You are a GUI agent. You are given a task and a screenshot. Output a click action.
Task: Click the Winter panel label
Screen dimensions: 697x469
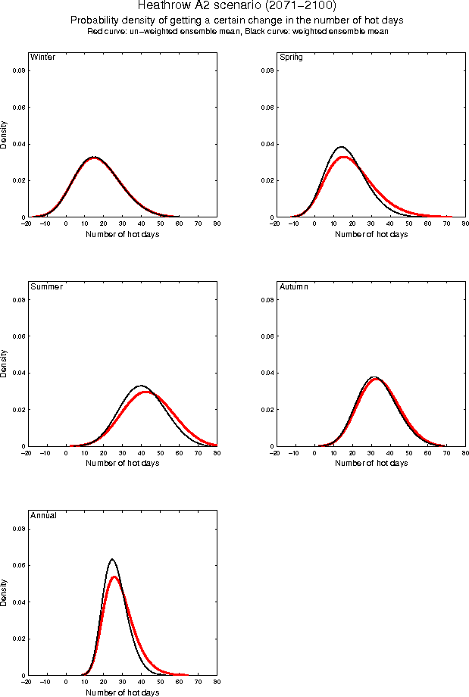tap(42, 57)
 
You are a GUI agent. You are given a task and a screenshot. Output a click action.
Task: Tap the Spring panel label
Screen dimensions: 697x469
tap(292, 57)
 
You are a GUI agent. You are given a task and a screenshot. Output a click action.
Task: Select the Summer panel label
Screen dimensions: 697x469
tap(46, 286)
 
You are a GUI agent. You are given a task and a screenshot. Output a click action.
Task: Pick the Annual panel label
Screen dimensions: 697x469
tap(43, 515)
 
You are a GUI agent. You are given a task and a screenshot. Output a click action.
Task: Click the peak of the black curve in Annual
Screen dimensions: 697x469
tap(112, 559)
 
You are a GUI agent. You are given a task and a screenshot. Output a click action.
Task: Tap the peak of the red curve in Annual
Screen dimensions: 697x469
tap(114, 577)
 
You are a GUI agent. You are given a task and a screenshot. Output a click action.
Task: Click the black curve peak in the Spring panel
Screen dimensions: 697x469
tap(341, 147)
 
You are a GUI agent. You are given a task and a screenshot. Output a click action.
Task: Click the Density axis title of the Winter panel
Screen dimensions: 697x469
tap(5, 134)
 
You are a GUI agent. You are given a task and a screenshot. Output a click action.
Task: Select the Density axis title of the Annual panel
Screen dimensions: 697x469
tap(5, 592)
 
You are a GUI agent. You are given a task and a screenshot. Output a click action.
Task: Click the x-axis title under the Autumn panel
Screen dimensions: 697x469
tap(371, 463)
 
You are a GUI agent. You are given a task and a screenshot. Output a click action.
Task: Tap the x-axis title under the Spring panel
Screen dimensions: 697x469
tap(371, 234)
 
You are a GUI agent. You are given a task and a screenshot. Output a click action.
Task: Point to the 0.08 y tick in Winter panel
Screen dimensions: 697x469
tap(18, 70)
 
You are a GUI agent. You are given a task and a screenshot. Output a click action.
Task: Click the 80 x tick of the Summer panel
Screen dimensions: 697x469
tap(217, 454)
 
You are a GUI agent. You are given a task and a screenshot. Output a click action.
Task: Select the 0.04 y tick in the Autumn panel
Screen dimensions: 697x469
tap(267, 373)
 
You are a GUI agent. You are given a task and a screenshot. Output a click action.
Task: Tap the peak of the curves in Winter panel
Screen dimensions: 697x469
tap(94, 158)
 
